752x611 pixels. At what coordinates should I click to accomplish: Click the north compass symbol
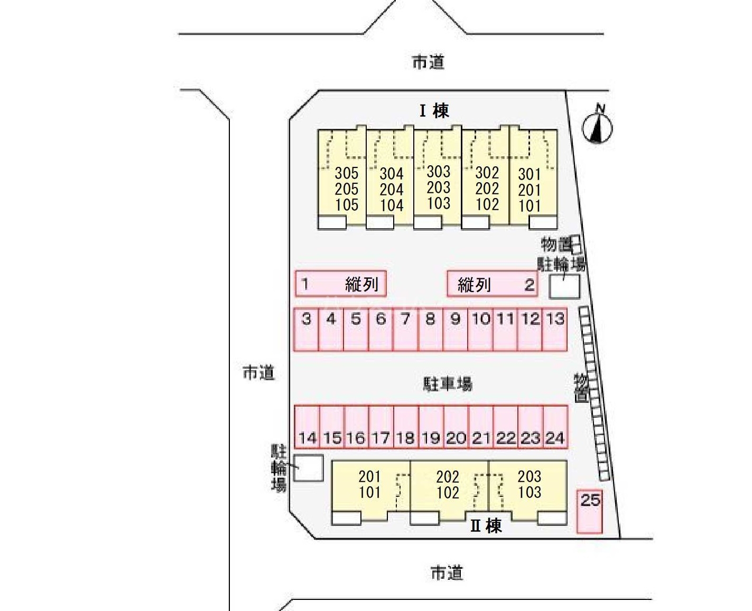pos(597,127)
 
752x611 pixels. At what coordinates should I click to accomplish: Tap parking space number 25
pos(589,511)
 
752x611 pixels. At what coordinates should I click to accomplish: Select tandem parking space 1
pos(340,284)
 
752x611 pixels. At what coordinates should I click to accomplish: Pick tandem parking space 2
pos(492,284)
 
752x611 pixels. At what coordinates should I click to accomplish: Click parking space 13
pos(555,329)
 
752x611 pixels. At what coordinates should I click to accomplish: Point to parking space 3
pos(307,329)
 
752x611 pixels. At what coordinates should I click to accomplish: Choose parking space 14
pos(307,427)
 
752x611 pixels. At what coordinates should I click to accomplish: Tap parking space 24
pos(555,427)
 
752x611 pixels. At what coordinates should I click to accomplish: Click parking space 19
pos(431,427)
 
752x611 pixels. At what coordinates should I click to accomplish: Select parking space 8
pos(431,329)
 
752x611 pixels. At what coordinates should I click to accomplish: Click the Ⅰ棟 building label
pos(434,111)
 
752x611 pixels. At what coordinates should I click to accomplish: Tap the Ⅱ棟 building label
pos(486,526)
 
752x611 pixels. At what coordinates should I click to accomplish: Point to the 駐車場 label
pos(447,384)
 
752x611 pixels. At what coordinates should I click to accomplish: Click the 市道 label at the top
pos(428,62)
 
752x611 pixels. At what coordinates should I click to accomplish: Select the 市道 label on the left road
pos(258,373)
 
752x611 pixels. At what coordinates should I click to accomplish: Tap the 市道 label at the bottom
pos(447,572)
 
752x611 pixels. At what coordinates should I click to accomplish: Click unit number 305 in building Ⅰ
pos(347,173)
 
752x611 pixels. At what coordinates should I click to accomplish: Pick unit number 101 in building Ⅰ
pos(530,206)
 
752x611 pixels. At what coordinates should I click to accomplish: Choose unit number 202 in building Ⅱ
pos(448,477)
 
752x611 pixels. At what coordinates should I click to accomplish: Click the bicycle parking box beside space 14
pos(309,468)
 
